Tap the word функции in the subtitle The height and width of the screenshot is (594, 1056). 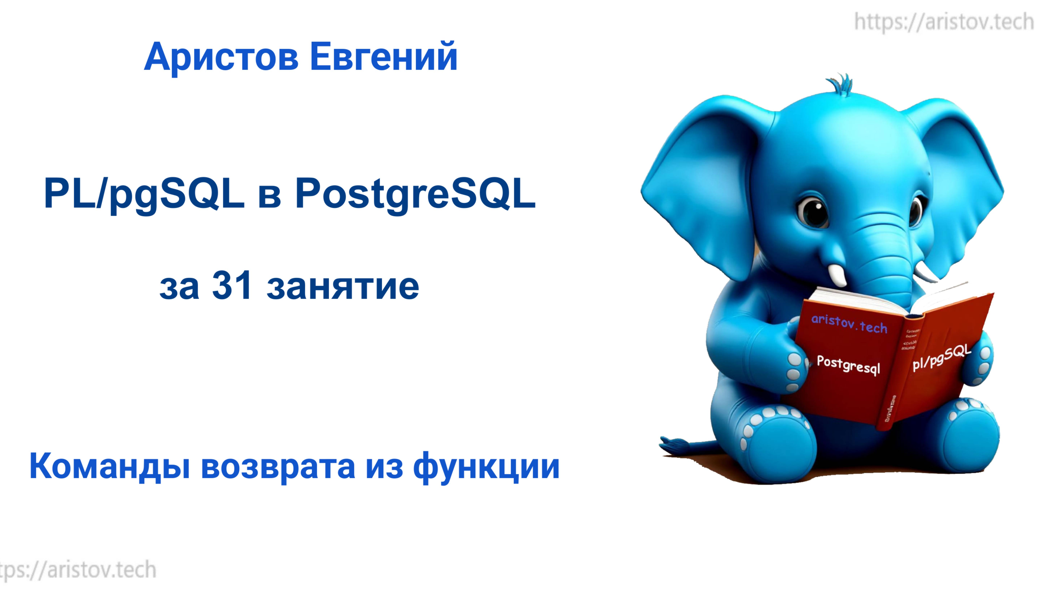click(x=486, y=467)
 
